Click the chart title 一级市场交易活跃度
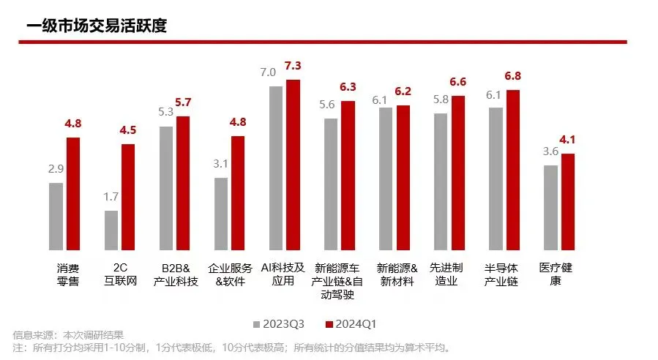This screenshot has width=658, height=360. (x=97, y=26)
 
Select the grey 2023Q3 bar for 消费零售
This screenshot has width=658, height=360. (x=56, y=216)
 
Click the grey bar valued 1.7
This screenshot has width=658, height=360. (x=111, y=230)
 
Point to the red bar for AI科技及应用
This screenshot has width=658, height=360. (x=293, y=164)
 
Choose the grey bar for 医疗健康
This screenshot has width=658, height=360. (x=550, y=207)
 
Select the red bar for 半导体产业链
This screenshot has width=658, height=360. (x=513, y=169)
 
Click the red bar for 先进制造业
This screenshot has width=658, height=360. (x=458, y=172)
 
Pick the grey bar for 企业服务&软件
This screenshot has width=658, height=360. (x=220, y=213)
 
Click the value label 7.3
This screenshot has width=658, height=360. (x=294, y=66)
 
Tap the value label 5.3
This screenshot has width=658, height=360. (x=165, y=113)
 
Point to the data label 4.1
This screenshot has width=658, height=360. (x=569, y=140)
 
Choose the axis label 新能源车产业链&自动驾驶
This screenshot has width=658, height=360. (x=337, y=281)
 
